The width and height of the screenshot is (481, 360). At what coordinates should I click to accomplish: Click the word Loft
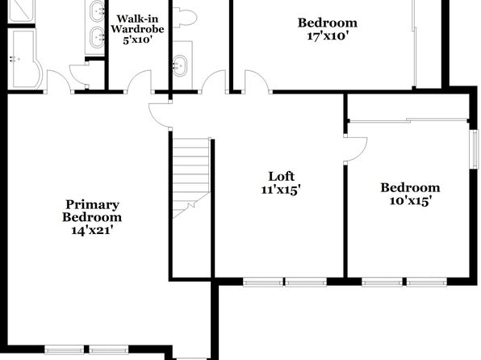coord(281,177)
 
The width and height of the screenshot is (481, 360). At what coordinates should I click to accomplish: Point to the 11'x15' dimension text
coord(280,190)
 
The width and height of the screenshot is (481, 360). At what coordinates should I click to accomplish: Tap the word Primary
coord(92,205)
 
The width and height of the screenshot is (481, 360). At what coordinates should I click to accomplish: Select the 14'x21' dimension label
coord(92,230)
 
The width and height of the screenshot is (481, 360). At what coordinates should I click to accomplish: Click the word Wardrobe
coord(137,29)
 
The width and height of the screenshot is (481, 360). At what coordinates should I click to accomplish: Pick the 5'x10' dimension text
coord(137,40)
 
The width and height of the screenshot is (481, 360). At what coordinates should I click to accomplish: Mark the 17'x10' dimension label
coord(328,36)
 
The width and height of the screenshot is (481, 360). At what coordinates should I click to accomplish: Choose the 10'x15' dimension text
coord(411,201)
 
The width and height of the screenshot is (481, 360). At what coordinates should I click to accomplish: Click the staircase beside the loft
coord(191,178)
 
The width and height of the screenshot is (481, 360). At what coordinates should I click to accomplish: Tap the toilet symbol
coord(185,17)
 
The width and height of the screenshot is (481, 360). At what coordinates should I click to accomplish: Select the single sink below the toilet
coord(180,65)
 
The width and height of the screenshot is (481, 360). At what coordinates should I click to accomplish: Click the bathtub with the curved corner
coord(24,58)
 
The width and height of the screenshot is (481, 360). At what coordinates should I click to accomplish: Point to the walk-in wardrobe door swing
coord(139,81)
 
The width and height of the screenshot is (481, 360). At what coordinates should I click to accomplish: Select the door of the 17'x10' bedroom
coord(258,81)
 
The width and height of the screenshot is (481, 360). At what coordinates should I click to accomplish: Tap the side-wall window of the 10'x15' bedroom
coord(475,149)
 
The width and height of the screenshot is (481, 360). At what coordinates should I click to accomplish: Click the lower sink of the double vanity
coord(97,37)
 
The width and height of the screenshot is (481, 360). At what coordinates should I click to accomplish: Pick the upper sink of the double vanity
coord(97,11)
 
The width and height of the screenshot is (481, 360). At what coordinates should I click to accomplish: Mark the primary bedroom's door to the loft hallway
coord(160,115)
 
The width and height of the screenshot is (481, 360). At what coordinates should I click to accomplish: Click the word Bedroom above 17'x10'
coord(328,23)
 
